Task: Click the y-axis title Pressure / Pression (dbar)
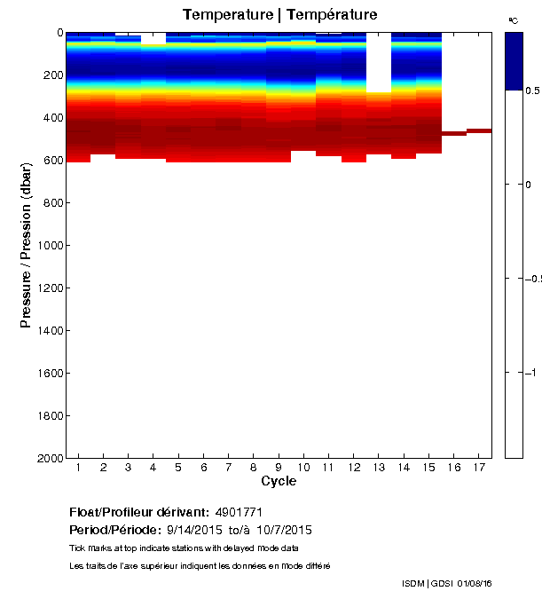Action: [27, 245]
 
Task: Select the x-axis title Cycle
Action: [279, 482]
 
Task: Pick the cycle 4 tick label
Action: [153, 467]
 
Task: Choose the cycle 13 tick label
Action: [379, 467]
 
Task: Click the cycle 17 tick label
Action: [479, 467]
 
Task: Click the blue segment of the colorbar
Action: [514, 60]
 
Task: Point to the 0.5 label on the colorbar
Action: [532, 91]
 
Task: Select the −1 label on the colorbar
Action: [533, 373]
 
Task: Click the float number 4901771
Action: [240, 512]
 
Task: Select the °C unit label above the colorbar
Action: [513, 20]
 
